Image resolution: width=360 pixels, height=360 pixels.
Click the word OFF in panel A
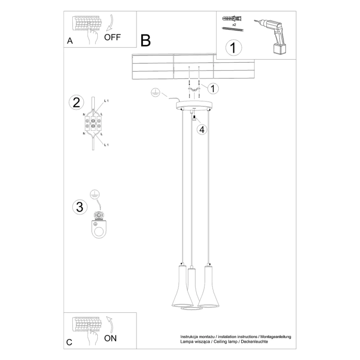(x=113, y=37)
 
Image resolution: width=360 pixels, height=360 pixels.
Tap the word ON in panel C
(x=110, y=338)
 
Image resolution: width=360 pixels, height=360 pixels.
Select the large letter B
(x=145, y=40)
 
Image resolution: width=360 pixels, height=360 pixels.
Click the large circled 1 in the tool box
(x=234, y=48)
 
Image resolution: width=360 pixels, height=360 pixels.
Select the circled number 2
(x=76, y=102)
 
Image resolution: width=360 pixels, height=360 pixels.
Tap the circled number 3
(x=79, y=207)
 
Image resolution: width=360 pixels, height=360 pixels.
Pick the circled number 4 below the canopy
(x=203, y=129)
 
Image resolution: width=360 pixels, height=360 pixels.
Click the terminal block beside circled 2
(x=93, y=123)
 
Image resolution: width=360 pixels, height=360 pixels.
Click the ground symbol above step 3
(x=95, y=194)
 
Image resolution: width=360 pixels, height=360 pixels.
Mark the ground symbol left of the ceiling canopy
(x=154, y=92)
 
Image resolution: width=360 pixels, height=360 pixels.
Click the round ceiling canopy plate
(x=194, y=105)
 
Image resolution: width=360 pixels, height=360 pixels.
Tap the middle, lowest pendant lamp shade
(x=193, y=293)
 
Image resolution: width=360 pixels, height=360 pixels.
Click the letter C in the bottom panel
(x=69, y=343)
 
